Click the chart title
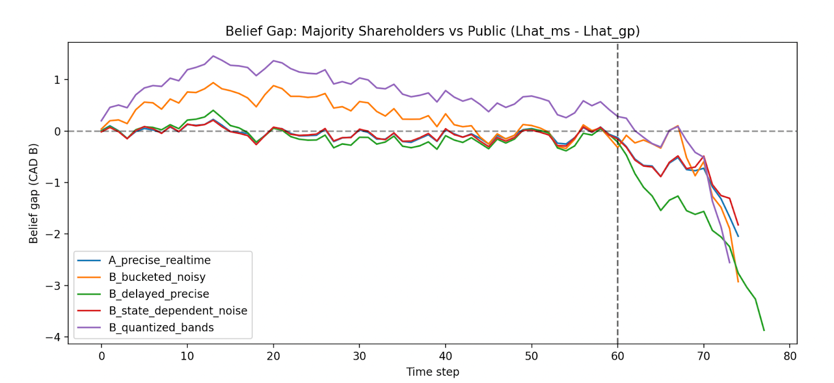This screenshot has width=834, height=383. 432,31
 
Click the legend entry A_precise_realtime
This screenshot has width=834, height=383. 160,261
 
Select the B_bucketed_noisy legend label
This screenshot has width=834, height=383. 157,277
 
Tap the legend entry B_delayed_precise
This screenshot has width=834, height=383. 158,294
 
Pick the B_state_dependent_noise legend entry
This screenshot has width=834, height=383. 178,311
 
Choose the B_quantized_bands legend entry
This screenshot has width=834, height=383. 161,327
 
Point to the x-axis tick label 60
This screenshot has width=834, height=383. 618,356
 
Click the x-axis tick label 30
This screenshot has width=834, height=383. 359,356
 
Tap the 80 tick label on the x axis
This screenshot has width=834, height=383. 790,356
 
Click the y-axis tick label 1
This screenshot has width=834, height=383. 57,80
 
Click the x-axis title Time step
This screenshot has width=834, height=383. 433,372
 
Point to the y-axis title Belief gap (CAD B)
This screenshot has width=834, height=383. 34,193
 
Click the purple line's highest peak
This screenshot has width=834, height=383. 213,56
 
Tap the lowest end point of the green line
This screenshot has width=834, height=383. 764,330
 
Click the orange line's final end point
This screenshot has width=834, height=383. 738,282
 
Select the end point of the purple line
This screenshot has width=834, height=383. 729,263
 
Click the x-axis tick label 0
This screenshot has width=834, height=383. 102,356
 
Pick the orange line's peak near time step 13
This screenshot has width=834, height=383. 213,82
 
